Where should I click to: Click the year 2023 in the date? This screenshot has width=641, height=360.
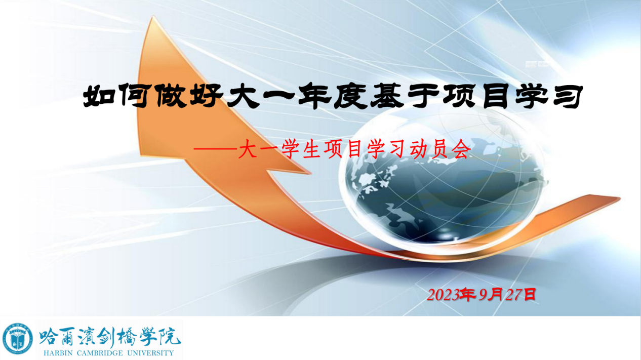click(443, 295)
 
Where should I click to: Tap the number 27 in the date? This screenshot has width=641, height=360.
click(513, 295)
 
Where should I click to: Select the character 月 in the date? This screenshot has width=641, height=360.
click(496, 295)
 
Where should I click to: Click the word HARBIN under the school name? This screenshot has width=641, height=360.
click(59, 353)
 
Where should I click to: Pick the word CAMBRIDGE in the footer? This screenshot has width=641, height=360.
click(100, 353)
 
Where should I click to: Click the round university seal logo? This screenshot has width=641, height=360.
click(18, 339)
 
